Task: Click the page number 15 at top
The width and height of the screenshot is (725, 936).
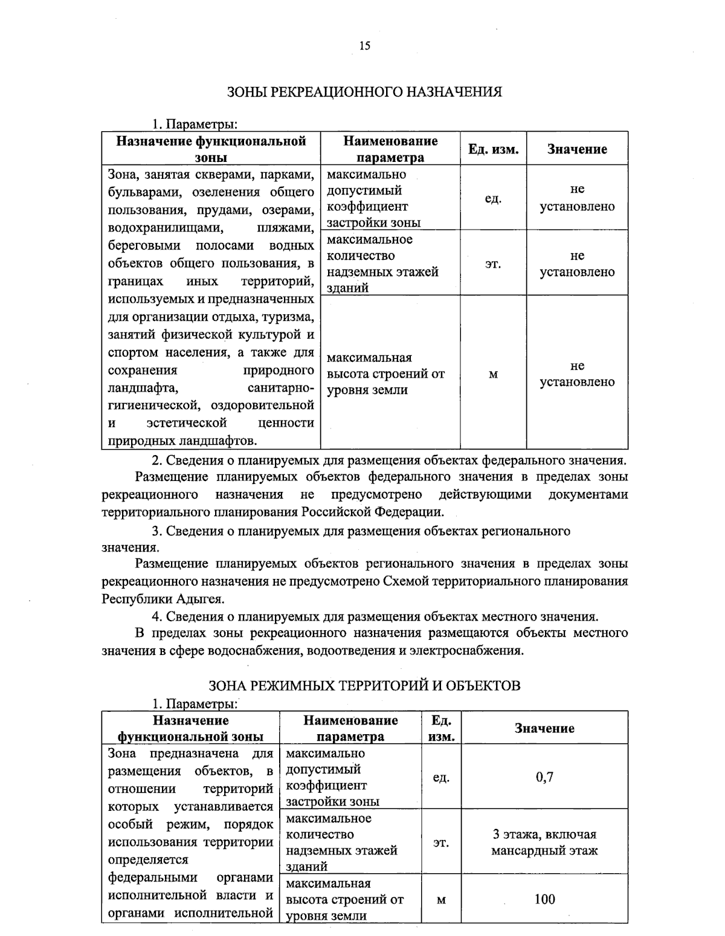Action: pyautogui.click(x=364, y=46)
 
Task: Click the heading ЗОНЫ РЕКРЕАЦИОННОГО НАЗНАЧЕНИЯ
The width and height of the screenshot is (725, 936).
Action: pyautogui.click(x=364, y=92)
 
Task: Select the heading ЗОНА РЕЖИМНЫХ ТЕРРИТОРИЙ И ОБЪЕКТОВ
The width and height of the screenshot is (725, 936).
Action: pyautogui.click(x=364, y=686)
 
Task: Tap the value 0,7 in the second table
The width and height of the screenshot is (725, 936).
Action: pyautogui.click(x=544, y=777)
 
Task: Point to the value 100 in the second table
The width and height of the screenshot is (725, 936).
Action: pyautogui.click(x=544, y=899)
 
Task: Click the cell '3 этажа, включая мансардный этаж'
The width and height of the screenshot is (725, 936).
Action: pyautogui.click(x=544, y=842)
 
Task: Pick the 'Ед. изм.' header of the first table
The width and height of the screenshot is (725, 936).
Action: pyautogui.click(x=493, y=149)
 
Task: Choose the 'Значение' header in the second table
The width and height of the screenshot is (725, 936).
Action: pyautogui.click(x=544, y=728)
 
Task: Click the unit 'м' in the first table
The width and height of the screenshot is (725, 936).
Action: pyautogui.click(x=493, y=374)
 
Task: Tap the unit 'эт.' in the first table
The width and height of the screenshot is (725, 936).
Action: pyautogui.click(x=493, y=264)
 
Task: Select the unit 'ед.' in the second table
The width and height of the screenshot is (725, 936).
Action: pyautogui.click(x=441, y=777)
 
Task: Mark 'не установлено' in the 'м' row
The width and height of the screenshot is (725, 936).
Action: pyautogui.click(x=577, y=374)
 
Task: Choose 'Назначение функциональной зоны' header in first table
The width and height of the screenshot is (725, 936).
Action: pyautogui.click(x=211, y=149)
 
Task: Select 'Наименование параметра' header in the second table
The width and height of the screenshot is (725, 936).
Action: pyautogui.click(x=350, y=728)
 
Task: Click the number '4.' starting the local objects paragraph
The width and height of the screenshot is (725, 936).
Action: pyautogui.click(x=157, y=617)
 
